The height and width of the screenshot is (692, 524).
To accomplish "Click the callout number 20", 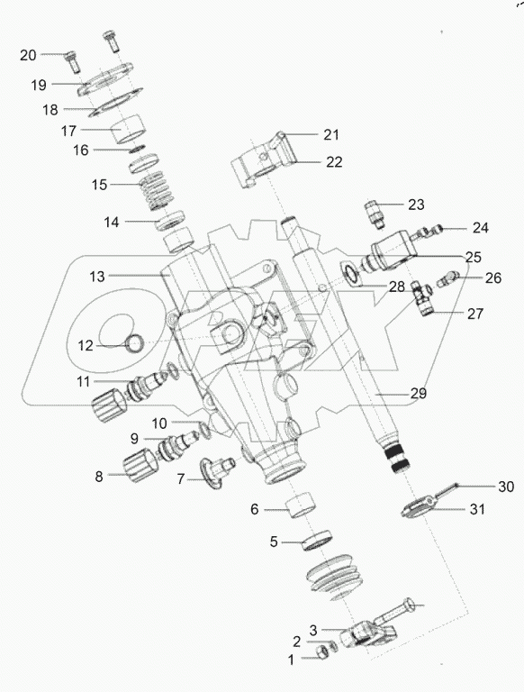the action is (28, 55).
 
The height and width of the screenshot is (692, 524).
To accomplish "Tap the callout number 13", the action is (97, 277).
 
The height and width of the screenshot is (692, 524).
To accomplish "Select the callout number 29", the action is (418, 393).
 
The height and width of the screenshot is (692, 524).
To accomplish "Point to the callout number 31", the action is (477, 509).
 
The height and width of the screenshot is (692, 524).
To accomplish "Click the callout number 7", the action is (180, 478).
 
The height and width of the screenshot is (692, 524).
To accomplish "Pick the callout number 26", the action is (493, 278).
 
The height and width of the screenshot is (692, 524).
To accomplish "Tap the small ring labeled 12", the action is (134, 344).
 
